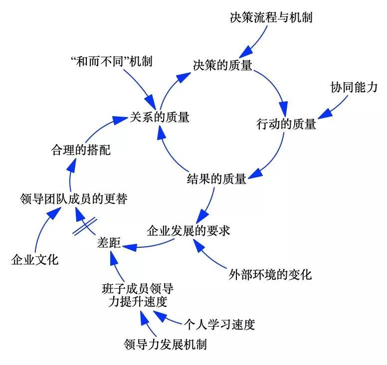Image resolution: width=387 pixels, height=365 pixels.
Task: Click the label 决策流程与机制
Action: tap(271, 18)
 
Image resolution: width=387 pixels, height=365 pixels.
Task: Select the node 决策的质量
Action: tap(222, 65)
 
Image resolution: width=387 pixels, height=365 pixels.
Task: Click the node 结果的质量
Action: tap(216, 178)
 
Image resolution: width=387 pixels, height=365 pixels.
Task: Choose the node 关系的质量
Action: tap(160, 117)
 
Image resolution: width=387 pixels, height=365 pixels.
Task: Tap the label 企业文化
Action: tap(35, 260)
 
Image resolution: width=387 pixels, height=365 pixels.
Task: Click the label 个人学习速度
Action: tap(219, 325)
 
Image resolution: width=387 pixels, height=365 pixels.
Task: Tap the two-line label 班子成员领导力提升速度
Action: tap(138, 295)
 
